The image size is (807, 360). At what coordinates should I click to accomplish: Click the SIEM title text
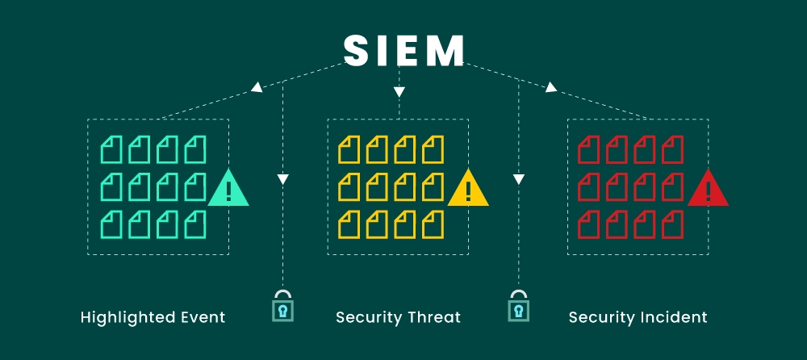point(403,51)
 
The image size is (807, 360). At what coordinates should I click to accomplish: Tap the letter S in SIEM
point(357,51)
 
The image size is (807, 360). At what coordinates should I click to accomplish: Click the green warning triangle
point(228,190)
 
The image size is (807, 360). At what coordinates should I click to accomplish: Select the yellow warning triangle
point(468,190)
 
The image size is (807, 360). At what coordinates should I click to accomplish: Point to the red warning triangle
point(708,190)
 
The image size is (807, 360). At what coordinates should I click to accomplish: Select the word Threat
point(434,317)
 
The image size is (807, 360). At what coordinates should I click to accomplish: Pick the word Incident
point(676,317)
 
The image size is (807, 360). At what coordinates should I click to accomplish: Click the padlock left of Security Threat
point(282,307)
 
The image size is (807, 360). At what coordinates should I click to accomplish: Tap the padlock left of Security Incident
point(517,307)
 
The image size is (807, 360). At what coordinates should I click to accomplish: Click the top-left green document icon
point(111,149)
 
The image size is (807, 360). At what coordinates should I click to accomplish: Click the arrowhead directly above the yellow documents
point(399,93)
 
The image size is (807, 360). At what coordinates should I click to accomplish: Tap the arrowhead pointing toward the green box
point(257,87)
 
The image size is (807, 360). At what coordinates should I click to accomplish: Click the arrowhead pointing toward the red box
point(551,87)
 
